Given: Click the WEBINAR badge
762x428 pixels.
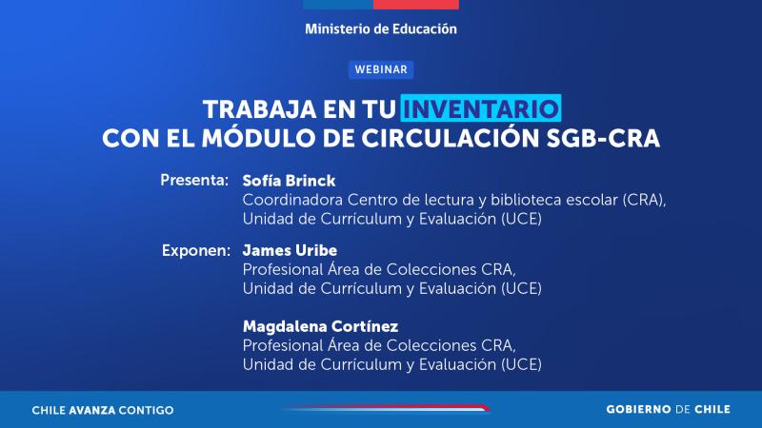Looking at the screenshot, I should point(380,68).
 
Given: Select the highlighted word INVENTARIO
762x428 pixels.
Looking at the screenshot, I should point(482,106).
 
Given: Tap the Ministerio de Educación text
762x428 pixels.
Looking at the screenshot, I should point(381,29).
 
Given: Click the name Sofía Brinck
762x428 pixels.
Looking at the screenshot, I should point(289,180).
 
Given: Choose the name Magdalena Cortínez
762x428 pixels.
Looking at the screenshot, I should point(320,325).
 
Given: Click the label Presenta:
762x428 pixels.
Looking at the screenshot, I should point(194,180).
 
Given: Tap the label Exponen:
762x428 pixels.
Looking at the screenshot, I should point(195,251).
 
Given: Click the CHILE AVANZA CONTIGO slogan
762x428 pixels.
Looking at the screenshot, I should point(103,410).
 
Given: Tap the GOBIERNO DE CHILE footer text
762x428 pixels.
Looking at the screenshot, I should point(669,410).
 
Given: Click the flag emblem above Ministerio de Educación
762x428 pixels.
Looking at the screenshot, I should point(381,5).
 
